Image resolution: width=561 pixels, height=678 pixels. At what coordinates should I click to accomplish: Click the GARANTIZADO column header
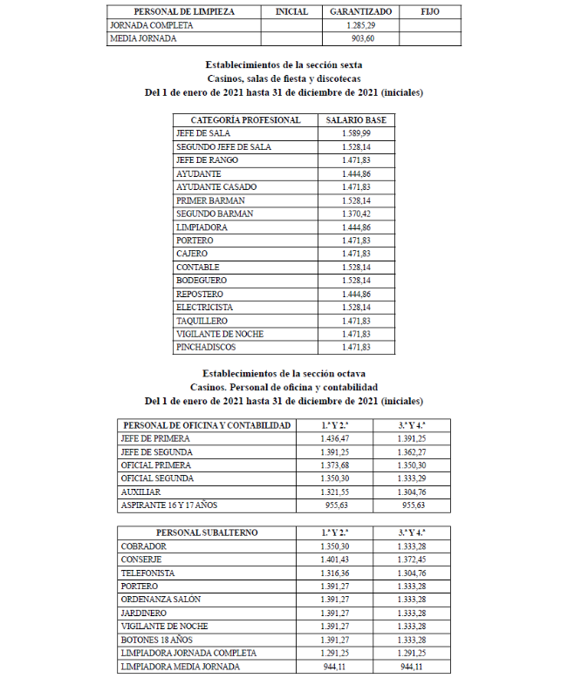pyautogui.click(x=360, y=12)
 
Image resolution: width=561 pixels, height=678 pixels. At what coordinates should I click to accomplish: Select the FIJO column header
pyautogui.click(x=430, y=12)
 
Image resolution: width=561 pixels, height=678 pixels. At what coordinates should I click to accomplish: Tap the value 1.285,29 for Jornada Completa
pyautogui.click(x=360, y=26)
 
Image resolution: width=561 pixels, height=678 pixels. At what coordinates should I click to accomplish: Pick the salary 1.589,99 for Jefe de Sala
pyautogui.click(x=357, y=133)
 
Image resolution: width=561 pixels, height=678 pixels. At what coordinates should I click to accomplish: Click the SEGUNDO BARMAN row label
pyautogui.click(x=215, y=214)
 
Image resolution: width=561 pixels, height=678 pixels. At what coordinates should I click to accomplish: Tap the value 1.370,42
pyautogui.click(x=357, y=214)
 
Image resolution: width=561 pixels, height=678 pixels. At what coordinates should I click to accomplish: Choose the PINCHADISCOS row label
pyautogui.click(x=207, y=347)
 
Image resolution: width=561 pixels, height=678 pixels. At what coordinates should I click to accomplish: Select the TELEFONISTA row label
pyautogui.click(x=148, y=573)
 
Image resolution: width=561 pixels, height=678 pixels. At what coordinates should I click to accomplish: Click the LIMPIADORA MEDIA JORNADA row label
pyautogui.click(x=180, y=668)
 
